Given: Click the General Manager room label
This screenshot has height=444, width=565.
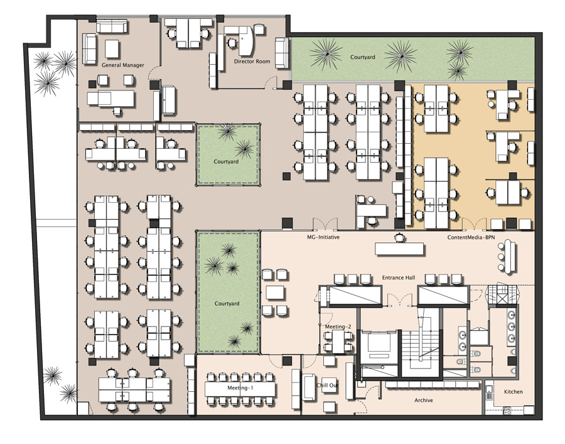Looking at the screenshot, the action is click(x=122, y=65).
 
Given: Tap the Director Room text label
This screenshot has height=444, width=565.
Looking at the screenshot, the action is click(x=252, y=62).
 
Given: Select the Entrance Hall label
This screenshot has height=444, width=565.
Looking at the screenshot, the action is click(x=398, y=278).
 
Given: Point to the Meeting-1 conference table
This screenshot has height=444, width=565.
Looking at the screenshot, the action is click(x=240, y=388).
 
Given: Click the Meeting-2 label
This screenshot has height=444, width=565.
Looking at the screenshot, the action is click(x=338, y=327).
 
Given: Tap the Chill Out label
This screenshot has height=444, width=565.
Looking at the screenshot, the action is click(x=327, y=385).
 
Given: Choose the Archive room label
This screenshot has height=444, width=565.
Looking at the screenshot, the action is click(x=423, y=400).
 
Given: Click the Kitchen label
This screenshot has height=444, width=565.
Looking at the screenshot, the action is click(x=513, y=392).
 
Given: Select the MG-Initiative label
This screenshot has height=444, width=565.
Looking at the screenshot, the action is click(x=323, y=237).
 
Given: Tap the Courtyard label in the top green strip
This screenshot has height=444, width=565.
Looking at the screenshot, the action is click(x=362, y=57).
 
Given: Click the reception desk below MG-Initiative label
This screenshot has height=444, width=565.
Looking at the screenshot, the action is click(x=399, y=249).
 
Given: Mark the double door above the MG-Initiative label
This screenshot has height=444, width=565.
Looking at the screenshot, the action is click(x=325, y=224).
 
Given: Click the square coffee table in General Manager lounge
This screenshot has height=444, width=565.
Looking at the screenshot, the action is click(x=112, y=48).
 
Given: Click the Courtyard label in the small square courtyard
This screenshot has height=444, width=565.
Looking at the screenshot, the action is click(x=226, y=161).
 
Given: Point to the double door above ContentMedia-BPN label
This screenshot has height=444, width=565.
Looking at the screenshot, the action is click(x=474, y=224).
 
